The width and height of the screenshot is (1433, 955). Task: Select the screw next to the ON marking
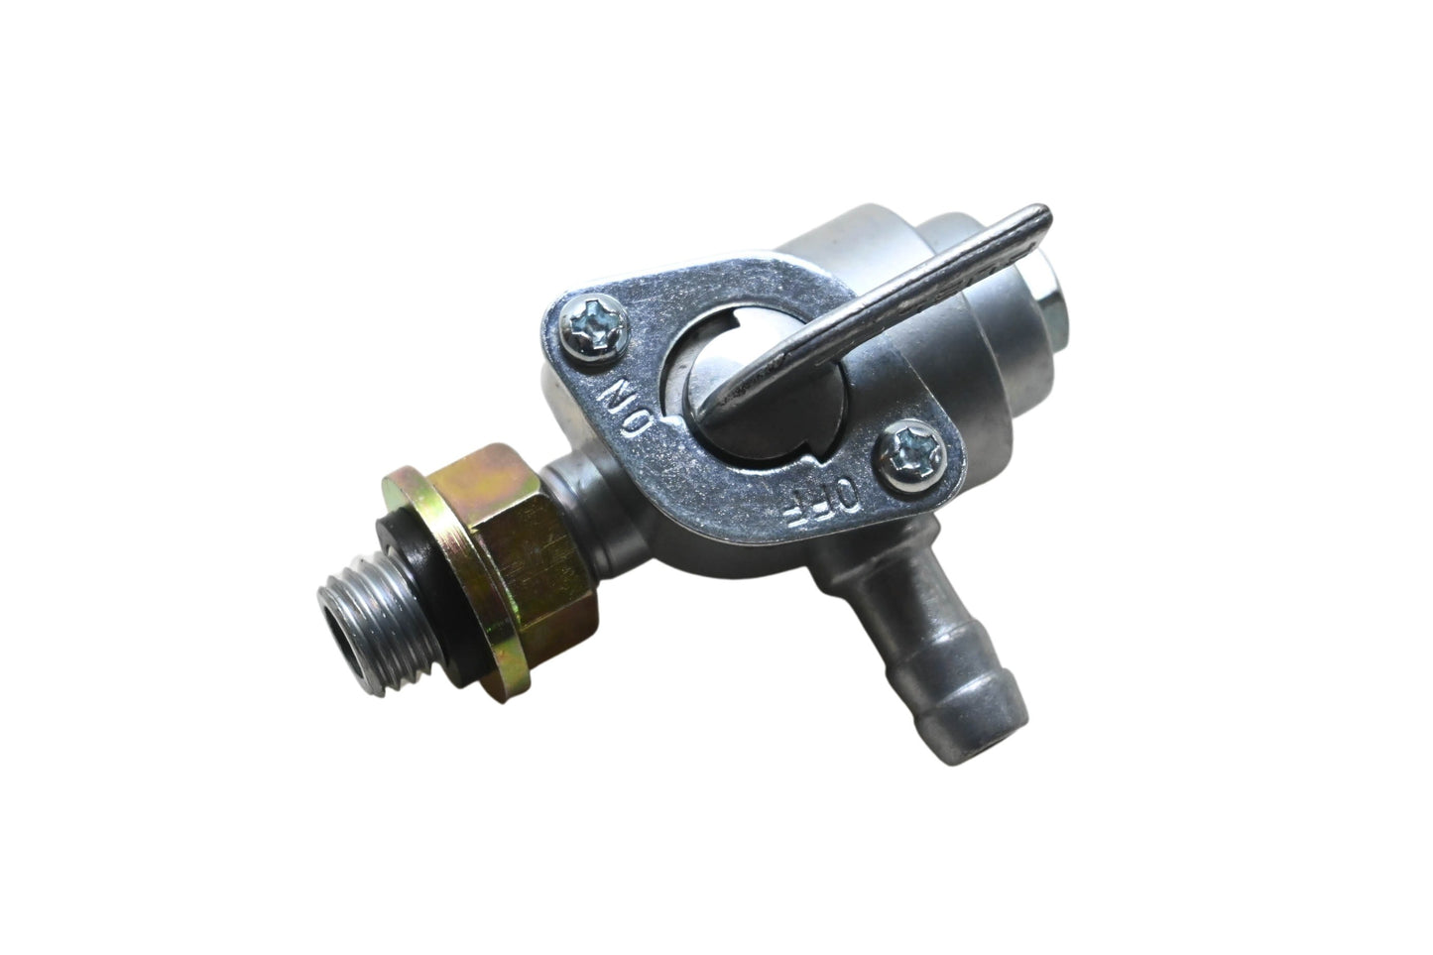[593, 329]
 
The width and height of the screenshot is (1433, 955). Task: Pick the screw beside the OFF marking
[911, 455]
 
